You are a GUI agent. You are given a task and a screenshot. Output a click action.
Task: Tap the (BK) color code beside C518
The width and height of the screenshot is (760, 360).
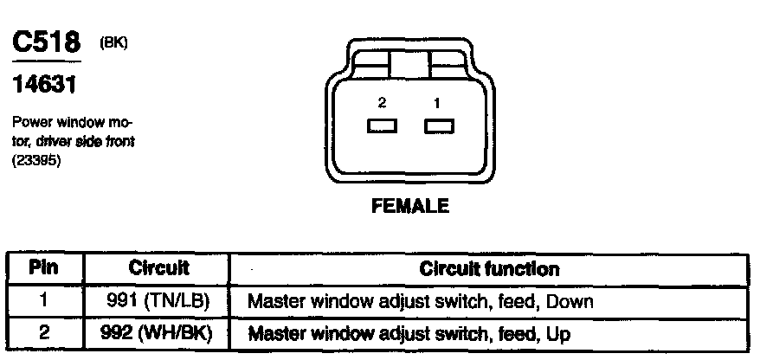(114, 42)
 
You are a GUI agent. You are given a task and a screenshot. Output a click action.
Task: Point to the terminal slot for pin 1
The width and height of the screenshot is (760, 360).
(439, 126)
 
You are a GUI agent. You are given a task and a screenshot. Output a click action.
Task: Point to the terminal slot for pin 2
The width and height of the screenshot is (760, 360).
(382, 126)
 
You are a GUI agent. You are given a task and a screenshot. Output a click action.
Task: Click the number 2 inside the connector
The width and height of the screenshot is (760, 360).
(382, 103)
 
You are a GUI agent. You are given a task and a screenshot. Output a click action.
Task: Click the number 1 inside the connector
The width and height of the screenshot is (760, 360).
(437, 103)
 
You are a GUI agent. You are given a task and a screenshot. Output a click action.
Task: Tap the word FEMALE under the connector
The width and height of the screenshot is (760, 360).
(409, 206)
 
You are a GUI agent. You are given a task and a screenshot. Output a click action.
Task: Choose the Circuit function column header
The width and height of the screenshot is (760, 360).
(489, 269)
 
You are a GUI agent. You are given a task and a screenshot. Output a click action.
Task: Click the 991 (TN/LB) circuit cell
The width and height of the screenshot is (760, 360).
(158, 301)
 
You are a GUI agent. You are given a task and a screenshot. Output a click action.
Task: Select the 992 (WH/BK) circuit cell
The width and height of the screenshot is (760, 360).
(158, 332)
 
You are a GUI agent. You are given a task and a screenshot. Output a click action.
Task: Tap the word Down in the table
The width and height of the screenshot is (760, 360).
(572, 302)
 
